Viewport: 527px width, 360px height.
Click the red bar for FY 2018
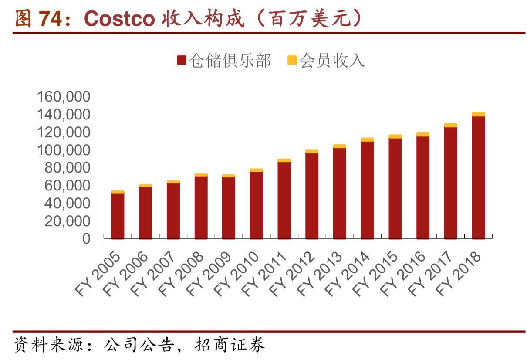478,177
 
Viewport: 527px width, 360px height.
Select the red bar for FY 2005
118,216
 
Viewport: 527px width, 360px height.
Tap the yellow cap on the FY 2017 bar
451,125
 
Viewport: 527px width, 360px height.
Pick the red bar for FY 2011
284,200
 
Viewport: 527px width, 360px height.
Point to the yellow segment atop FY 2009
229,176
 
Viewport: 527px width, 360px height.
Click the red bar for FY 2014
367,190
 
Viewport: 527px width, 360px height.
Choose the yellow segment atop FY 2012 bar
312,152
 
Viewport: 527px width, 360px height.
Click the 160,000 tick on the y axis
64,97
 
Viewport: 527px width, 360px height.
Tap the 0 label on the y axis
86,239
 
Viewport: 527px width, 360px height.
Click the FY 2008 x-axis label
181,273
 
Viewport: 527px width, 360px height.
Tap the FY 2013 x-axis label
320,273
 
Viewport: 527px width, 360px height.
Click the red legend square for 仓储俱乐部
182,61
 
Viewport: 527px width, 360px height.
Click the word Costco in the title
119,18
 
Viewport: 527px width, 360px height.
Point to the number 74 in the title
52,18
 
